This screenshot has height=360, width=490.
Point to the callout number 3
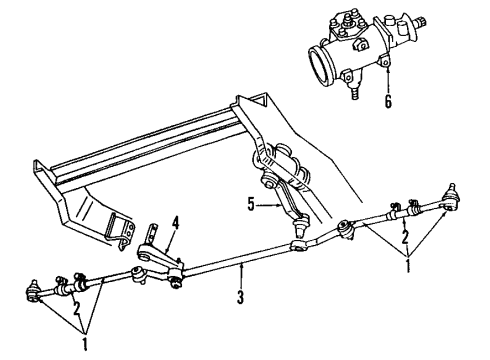pyautogui.click(x=241, y=295)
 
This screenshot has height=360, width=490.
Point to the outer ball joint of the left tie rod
pyautogui.click(x=32, y=292)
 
